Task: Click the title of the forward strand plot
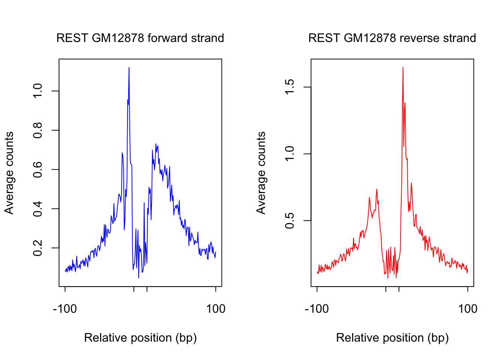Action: (x=140, y=38)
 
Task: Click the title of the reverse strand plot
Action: (x=392, y=38)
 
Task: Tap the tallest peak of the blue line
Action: (x=129, y=68)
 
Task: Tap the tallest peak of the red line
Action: (x=403, y=68)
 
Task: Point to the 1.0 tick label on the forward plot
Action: (x=38, y=91)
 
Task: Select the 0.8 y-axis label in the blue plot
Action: (x=38, y=130)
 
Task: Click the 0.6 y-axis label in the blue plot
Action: (x=38, y=169)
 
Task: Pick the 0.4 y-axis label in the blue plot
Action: (x=38, y=208)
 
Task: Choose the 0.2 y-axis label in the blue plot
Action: (x=38, y=248)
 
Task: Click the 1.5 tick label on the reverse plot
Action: (x=290, y=87)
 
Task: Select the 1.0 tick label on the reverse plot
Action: (x=290, y=154)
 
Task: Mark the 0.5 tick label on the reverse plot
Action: (x=290, y=220)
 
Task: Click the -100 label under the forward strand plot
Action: (x=65, y=309)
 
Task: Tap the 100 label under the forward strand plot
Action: (x=216, y=309)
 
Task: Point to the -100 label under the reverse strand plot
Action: (x=317, y=309)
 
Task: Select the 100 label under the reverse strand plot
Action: (x=468, y=309)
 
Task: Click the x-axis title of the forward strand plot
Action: (x=140, y=338)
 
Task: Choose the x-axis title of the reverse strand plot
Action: (x=392, y=338)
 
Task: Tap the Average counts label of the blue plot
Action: (x=9, y=173)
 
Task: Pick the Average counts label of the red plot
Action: (x=261, y=173)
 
